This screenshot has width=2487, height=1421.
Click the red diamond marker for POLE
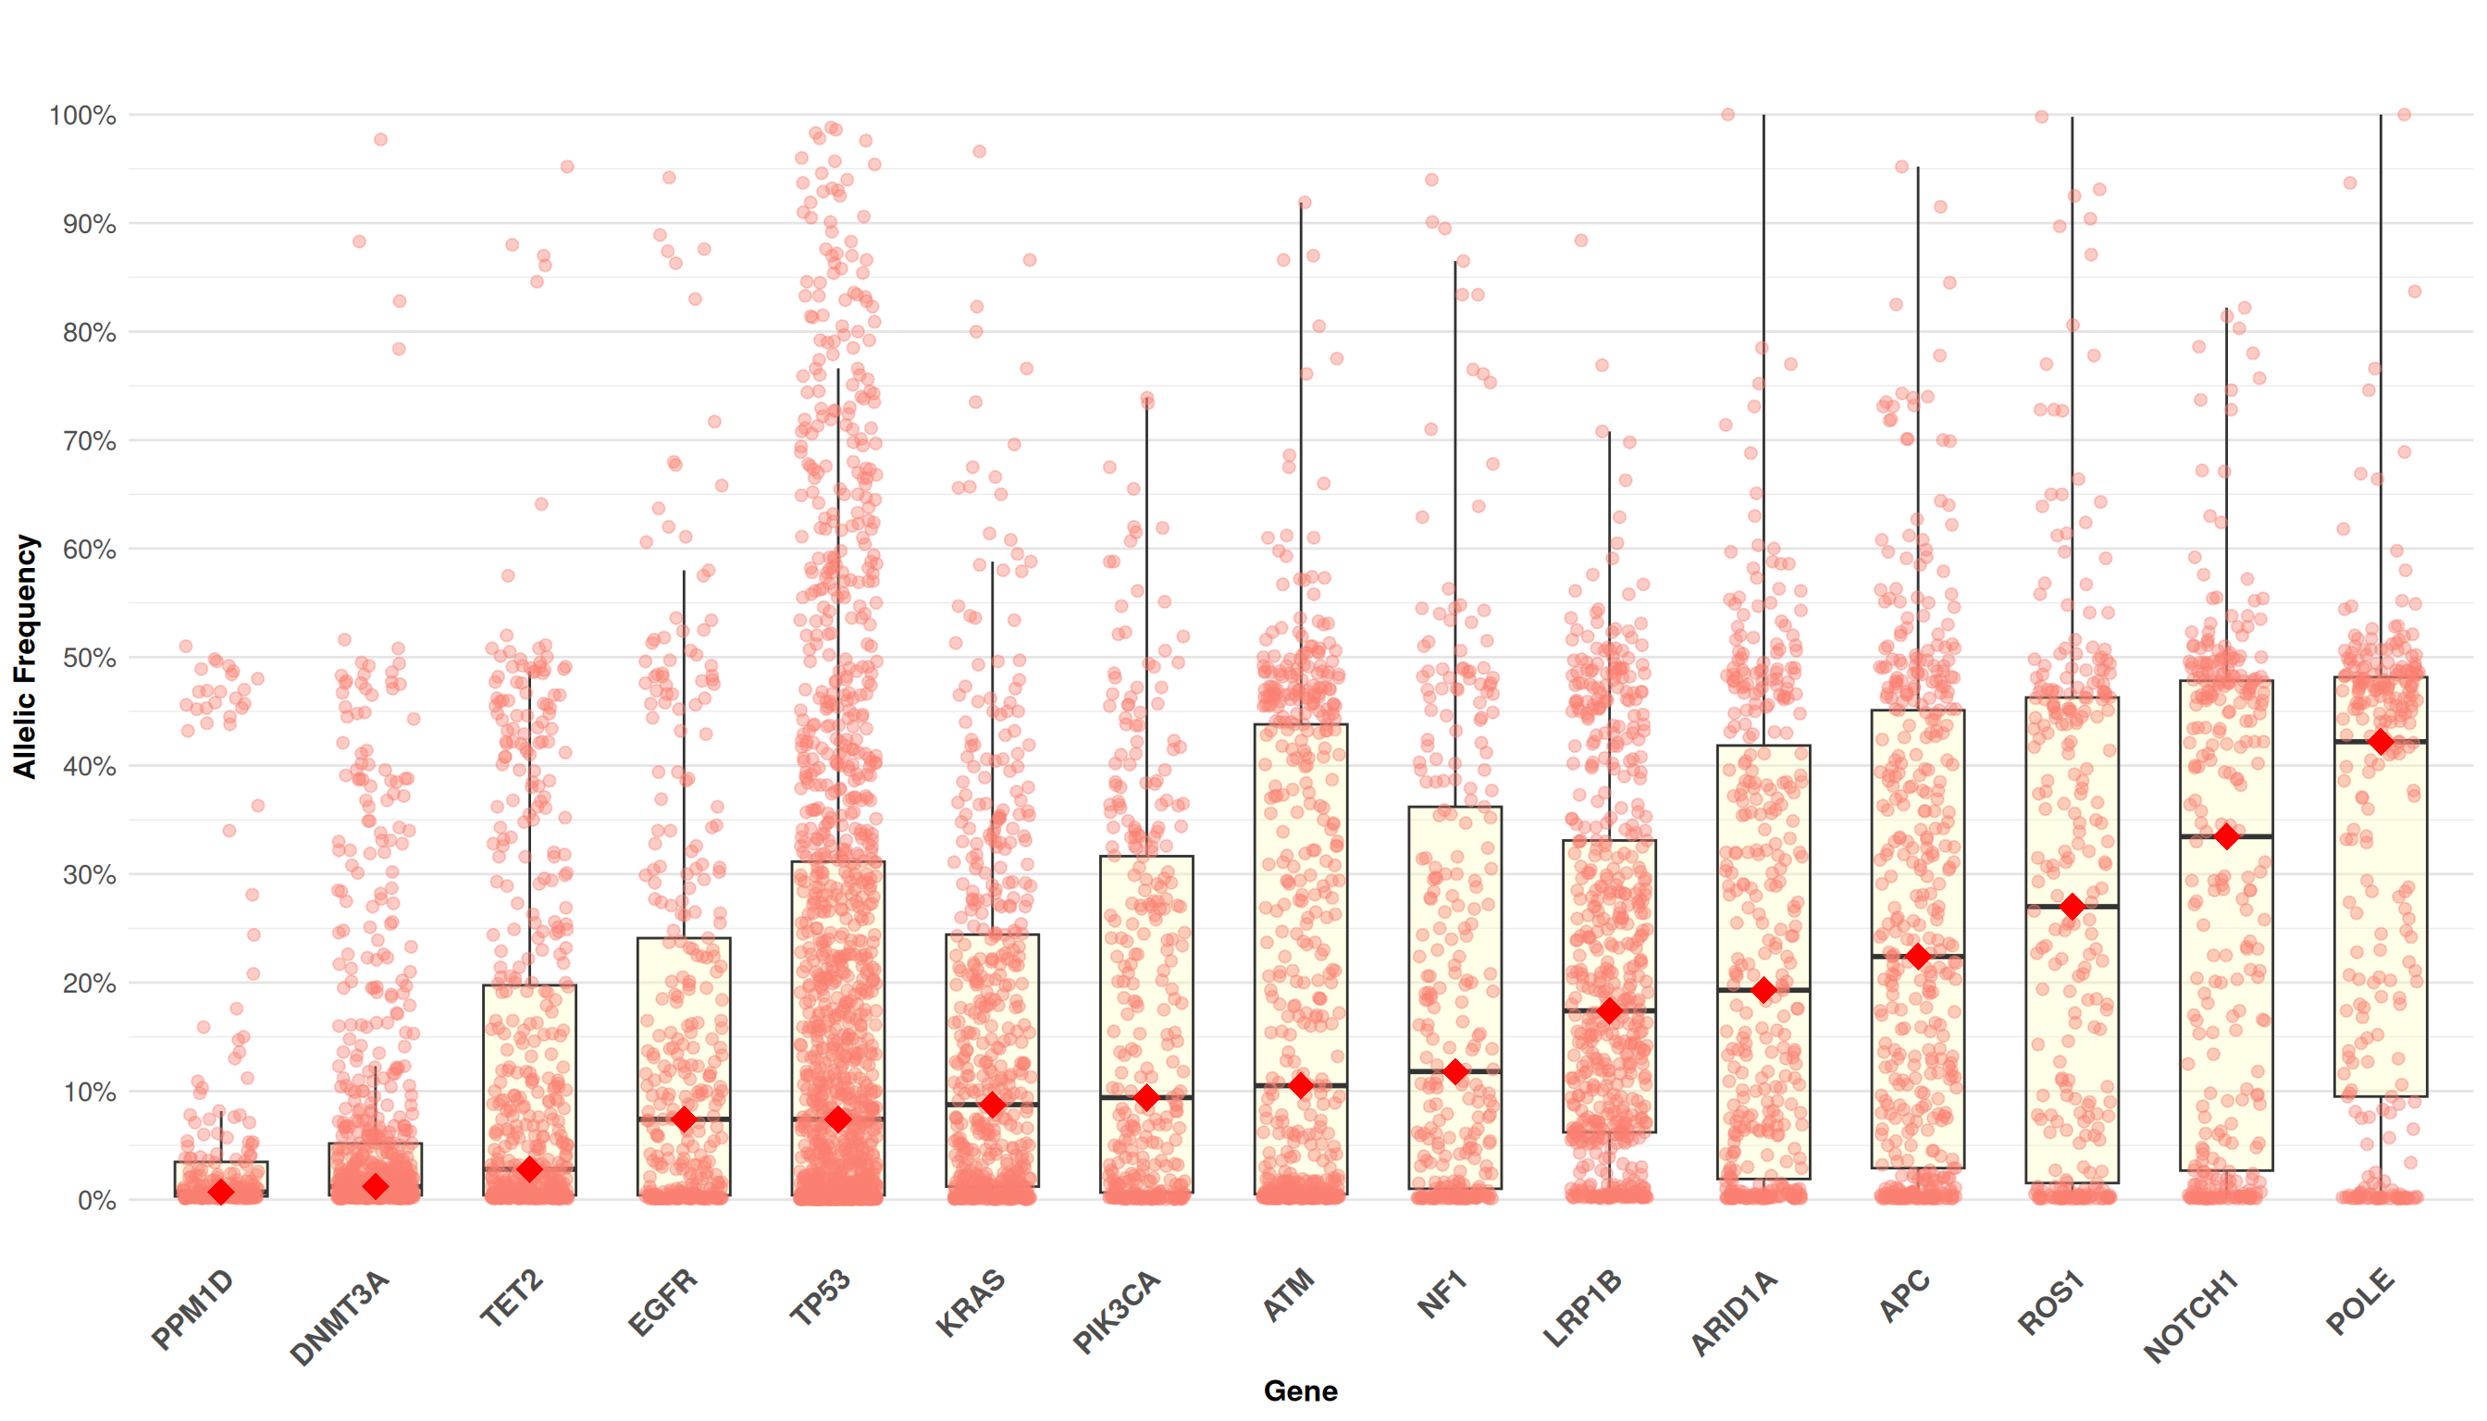coord(2381,742)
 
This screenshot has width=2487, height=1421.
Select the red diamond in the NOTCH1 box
coord(2226,836)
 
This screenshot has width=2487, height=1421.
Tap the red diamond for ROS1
coord(2072,907)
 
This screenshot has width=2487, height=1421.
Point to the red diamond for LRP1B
coord(1610,1011)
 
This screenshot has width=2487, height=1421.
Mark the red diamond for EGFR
coord(685,1119)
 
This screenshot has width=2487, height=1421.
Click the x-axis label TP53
coord(820,1298)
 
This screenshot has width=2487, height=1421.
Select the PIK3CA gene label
coord(1117,1312)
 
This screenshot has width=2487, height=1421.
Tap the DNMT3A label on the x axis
coord(340,1317)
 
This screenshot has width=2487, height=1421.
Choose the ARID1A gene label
coord(1735,1314)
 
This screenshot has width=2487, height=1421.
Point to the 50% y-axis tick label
coord(90,658)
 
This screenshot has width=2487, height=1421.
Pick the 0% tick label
coord(96,1201)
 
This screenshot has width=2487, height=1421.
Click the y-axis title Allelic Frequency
coord(24,656)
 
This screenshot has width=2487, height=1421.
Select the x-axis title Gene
coord(1300,1390)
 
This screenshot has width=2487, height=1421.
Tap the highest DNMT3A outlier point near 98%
coord(380,140)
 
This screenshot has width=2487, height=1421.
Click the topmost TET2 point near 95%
coord(567,167)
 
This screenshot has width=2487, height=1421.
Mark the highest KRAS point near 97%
coord(979,152)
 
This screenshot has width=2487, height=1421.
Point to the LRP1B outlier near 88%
coord(1581,241)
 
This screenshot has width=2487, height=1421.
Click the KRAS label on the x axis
coord(971,1302)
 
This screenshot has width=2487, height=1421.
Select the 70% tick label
coord(90,441)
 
